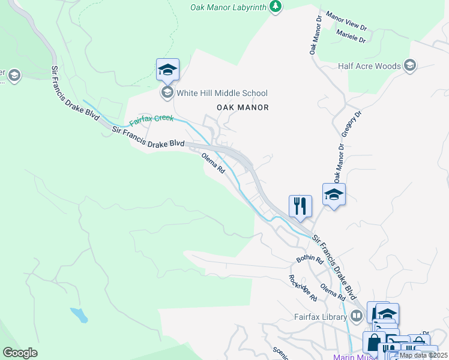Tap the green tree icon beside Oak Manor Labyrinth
[276, 6]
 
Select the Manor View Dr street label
[346, 21]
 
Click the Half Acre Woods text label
[369, 66]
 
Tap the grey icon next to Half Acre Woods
[411, 65]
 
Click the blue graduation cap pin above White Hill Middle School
[167, 70]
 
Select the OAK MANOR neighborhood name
[243, 107]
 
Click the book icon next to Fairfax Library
[357, 316]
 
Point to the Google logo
[20, 353]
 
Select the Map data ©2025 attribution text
[423, 355]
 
